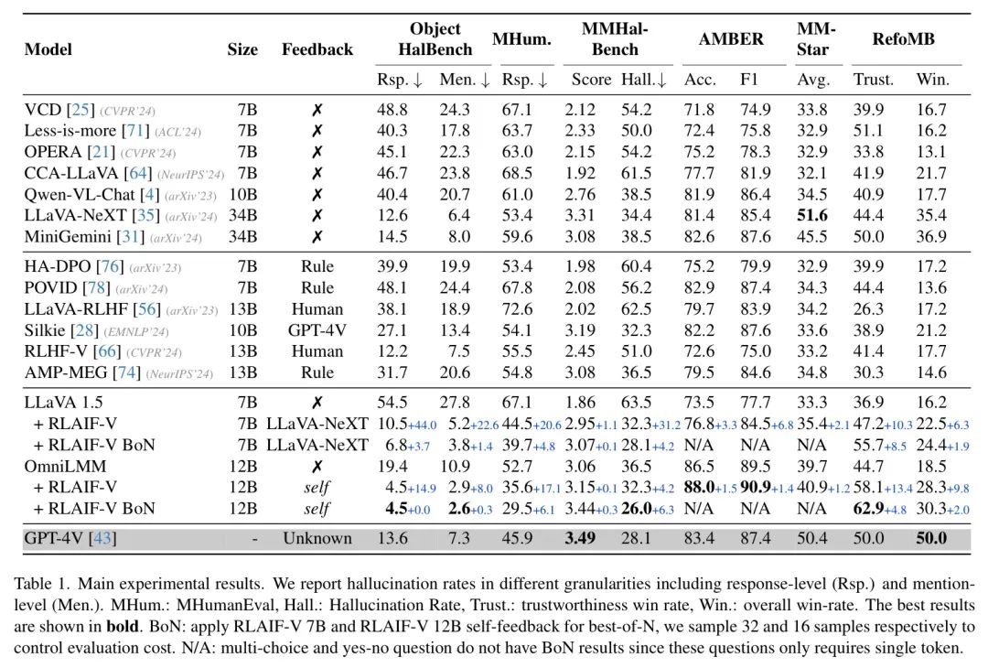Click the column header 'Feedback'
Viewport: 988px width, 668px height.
point(317,49)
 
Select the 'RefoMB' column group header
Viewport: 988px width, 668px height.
point(903,39)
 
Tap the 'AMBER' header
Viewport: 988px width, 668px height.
point(730,39)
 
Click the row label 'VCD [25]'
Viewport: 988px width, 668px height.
point(58,110)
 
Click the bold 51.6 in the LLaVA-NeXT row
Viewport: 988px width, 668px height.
point(812,215)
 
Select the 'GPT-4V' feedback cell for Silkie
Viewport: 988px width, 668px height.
point(317,329)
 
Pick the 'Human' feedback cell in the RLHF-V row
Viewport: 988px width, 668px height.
point(317,350)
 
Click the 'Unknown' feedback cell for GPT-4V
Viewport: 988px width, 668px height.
point(317,538)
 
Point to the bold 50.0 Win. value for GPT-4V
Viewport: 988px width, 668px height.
point(932,538)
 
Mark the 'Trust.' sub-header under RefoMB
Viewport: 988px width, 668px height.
point(873,80)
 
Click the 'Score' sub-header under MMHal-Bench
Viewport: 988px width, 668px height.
point(591,80)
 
